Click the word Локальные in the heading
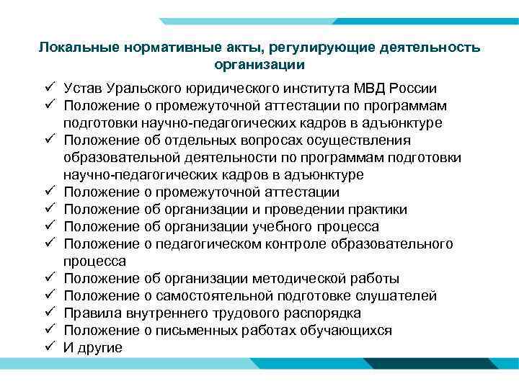71,48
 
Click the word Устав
83,89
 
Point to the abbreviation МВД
374,89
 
